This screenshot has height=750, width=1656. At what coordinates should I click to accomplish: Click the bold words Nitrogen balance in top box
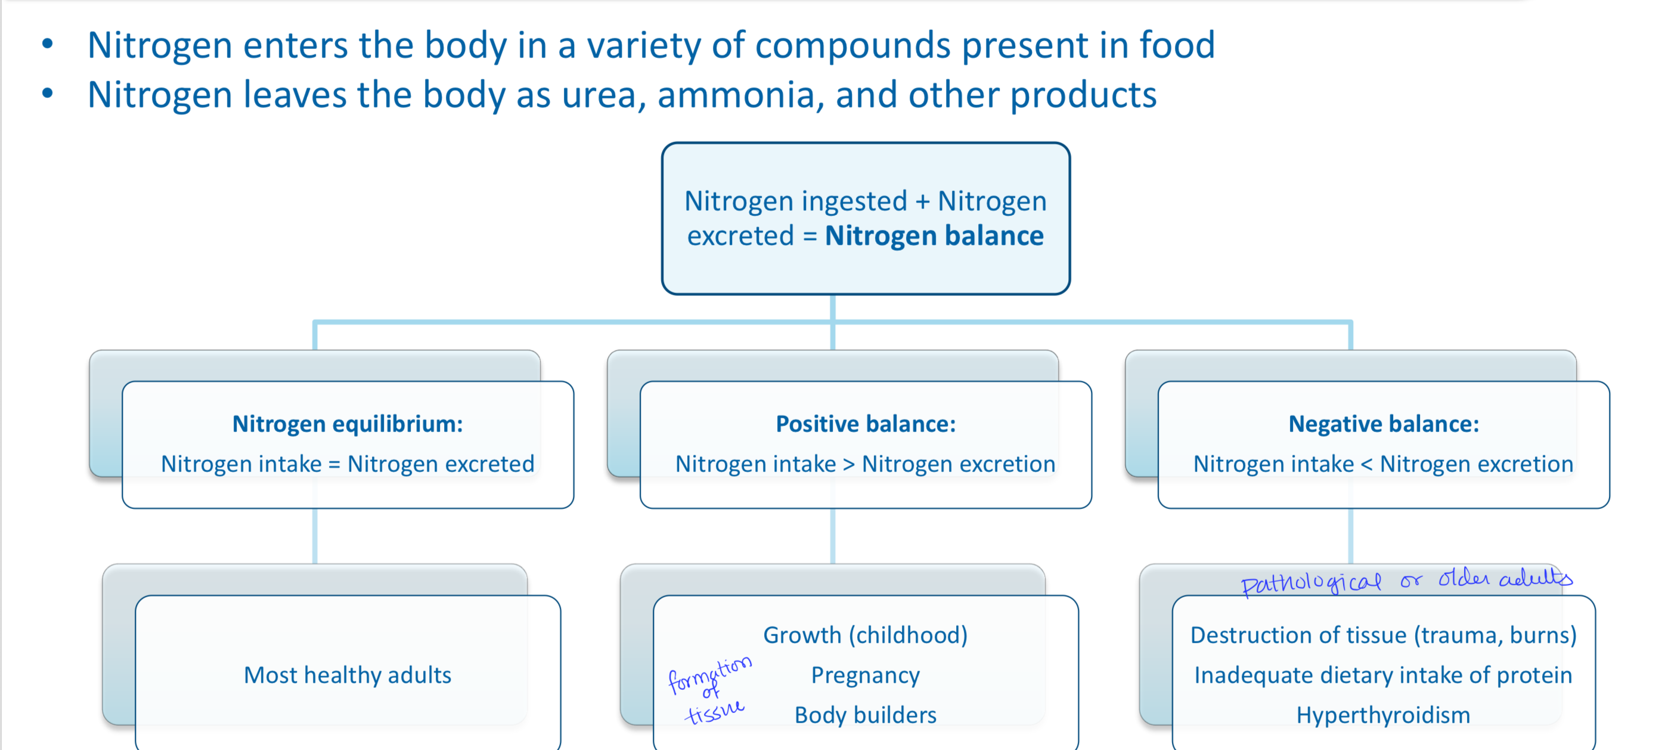click(x=934, y=236)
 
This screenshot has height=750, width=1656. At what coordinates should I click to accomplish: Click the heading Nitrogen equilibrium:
click(x=347, y=424)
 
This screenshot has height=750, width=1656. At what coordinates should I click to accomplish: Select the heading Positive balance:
click(x=866, y=424)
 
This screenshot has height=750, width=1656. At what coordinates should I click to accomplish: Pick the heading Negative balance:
click(x=1384, y=424)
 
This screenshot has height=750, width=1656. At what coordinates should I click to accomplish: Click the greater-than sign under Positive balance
click(x=849, y=464)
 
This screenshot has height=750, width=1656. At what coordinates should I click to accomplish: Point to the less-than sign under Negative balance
click(x=1367, y=464)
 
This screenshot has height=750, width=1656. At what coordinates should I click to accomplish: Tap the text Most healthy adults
click(x=347, y=675)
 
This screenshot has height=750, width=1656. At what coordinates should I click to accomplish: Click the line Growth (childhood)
click(x=866, y=635)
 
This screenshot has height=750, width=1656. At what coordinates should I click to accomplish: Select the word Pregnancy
click(x=866, y=675)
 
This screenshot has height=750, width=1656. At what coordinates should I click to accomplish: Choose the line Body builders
click(x=866, y=715)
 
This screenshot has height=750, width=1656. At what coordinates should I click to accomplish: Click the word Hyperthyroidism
click(x=1384, y=715)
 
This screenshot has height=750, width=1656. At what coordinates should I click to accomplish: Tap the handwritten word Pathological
click(x=1310, y=583)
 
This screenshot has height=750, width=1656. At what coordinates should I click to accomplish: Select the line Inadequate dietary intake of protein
click(x=1384, y=675)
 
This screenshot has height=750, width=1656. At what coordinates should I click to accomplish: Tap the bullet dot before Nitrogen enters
click(x=48, y=44)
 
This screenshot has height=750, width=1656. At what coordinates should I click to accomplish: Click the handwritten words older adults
click(x=1504, y=578)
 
